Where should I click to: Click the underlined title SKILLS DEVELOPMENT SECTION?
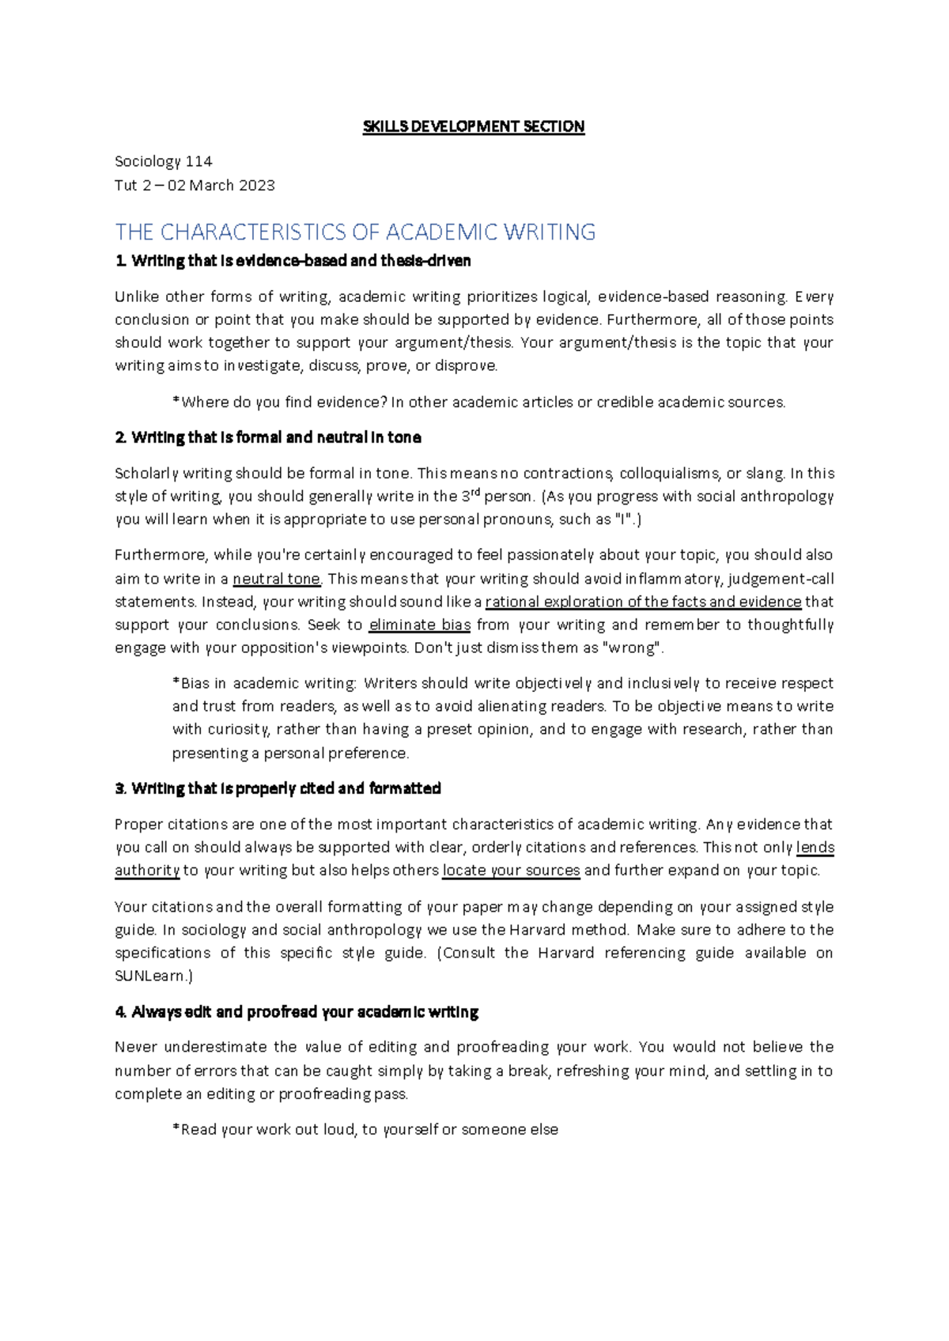point(473,127)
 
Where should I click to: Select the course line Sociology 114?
point(163,161)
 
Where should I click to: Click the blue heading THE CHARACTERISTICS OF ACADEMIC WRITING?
point(355,232)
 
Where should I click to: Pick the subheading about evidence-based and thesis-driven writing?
point(293,261)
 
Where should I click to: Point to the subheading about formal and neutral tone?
point(268,437)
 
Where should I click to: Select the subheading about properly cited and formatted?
point(278,788)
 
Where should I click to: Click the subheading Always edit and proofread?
point(297,1012)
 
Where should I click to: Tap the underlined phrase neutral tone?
point(277,579)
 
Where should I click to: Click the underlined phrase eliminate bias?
point(419,625)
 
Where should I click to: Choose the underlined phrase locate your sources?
point(511,871)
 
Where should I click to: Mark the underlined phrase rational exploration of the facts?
point(642,602)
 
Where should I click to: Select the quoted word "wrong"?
point(633,648)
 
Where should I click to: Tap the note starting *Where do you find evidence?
point(478,402)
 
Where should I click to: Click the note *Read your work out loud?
point(365,1130)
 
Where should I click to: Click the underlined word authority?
point(147,871)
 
